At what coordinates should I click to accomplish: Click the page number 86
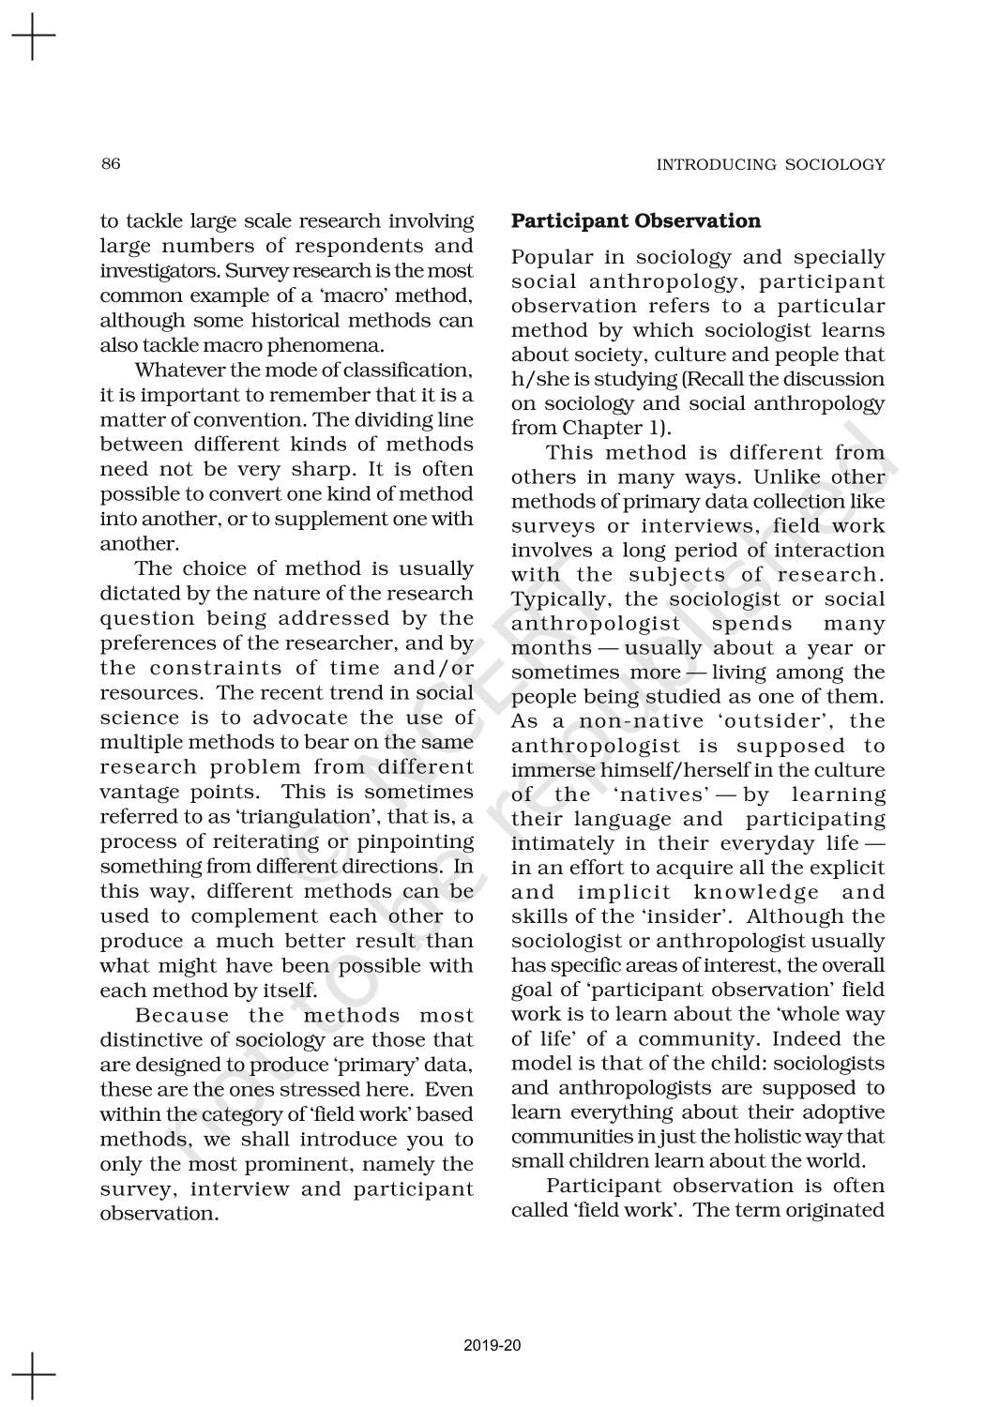(x=111, y=164)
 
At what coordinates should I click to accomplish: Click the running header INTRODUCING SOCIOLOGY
(x=770, y=165)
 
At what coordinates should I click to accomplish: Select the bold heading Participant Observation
(x=635, y=221)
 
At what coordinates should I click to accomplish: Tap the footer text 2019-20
(x=492, y=1346)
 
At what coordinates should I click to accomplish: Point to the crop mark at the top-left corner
(x=33, y=37)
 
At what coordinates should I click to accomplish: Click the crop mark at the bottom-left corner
(x=33, y=1374)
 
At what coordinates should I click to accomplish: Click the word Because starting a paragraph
(x=182, y=1016)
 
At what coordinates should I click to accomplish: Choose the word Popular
(x=553, y=258)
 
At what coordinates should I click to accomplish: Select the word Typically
(x=557, y=599)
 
